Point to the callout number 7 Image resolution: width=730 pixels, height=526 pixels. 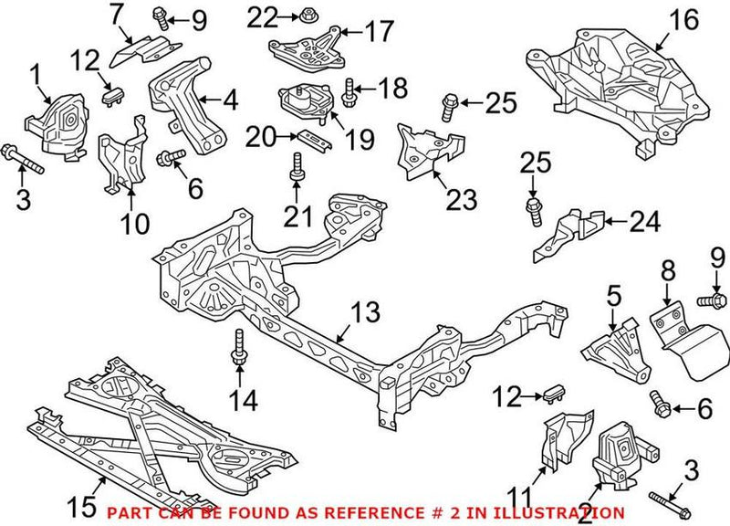(x=116, y=16)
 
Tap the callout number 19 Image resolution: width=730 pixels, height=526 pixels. (x=360, y=139)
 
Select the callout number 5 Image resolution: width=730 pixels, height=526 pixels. (x=614, y=297)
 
